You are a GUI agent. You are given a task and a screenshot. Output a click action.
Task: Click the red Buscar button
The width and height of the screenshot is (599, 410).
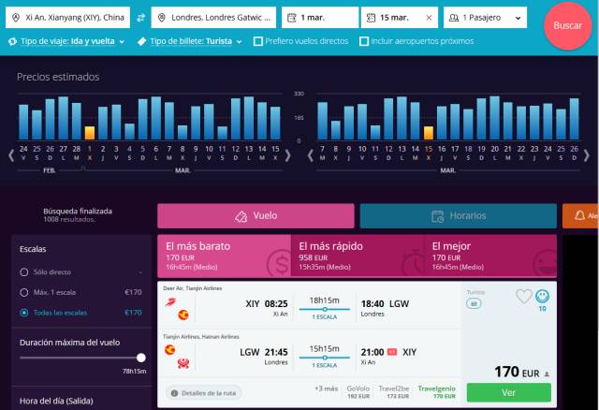pos(567,25)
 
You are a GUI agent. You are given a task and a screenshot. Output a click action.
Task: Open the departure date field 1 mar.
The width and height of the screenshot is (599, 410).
pos(319,18)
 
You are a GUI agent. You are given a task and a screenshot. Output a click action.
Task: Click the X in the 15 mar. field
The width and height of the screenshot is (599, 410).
pos(429,18)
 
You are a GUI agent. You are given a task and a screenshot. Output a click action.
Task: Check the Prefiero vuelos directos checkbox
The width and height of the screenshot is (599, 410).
pos(257,41)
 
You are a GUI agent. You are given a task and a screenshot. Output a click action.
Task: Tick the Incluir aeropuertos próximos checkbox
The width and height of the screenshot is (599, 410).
pos(365,41)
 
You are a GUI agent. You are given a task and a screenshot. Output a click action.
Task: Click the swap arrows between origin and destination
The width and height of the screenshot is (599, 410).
pos(140,18)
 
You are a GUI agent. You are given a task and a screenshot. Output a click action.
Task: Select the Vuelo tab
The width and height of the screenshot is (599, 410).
pos(256,216)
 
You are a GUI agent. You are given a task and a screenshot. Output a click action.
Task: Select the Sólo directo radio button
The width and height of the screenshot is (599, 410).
pos(24,272)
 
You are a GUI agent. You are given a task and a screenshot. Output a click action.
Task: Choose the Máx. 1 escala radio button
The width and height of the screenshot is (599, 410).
pos(24,292)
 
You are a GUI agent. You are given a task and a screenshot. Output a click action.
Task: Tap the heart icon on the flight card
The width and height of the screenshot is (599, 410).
pos(524,297)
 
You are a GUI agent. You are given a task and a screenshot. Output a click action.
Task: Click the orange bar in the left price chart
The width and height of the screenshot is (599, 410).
pos(90,133)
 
